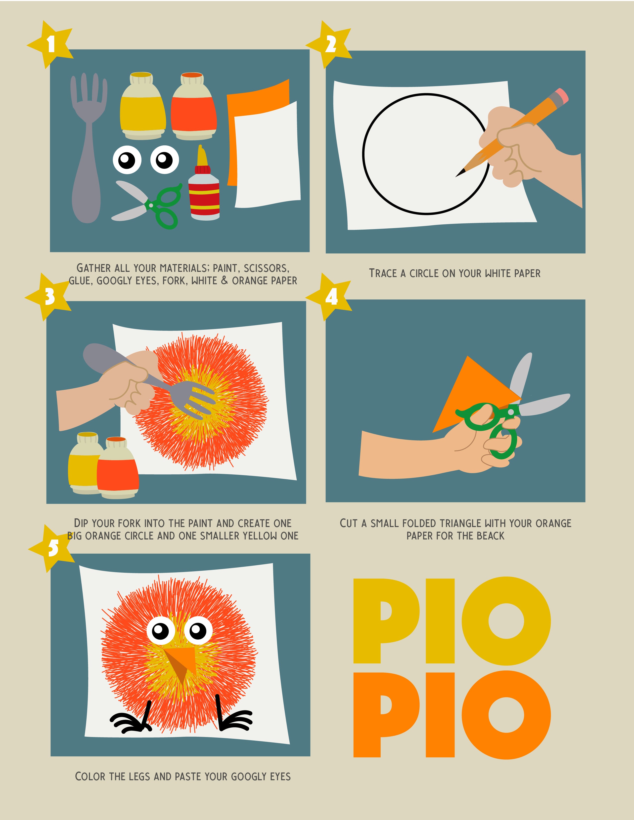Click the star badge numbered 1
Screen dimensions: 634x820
click(50, 44)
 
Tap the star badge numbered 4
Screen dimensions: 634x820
click(329, 297)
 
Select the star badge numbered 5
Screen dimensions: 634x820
click(51, 549)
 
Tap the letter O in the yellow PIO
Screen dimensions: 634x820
click(506, 621)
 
